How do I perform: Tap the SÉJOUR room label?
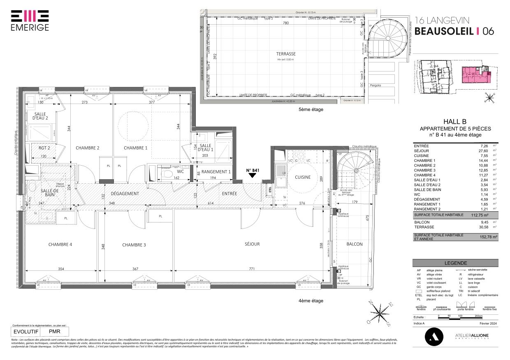[252, 244]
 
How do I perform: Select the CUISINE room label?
[303, 177]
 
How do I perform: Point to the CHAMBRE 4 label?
[60, 245]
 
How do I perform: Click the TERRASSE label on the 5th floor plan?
[286, 54]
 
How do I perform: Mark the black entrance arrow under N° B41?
[253, 175]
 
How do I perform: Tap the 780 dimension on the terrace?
[285, 23]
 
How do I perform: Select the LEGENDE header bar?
[455, 263]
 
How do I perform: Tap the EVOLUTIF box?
[26, 331]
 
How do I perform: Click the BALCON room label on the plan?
[354, 244]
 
